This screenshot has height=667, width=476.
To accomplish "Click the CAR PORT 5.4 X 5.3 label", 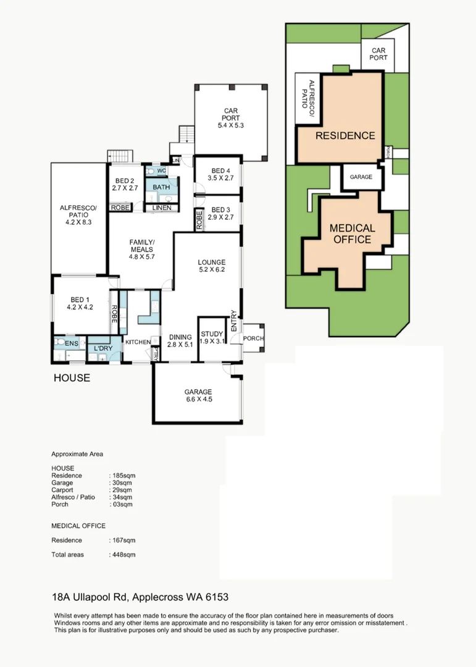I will point(231,119).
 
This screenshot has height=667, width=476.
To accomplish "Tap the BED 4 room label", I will point(220,175).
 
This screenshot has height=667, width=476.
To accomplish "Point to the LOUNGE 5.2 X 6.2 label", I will point(212,266).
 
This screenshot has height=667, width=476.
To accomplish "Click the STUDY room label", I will point(212,337).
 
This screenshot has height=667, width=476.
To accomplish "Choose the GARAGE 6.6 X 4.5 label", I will point(198,395).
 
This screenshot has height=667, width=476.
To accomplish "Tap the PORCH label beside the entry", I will point(254,338).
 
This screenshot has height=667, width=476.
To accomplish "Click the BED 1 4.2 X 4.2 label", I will point(80,303).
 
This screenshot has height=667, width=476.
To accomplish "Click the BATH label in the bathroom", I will point(161,187).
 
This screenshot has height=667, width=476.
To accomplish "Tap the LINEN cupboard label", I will point(162,208).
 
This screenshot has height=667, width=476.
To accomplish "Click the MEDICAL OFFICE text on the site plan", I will point(353,234).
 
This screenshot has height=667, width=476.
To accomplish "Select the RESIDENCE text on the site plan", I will point(345,135).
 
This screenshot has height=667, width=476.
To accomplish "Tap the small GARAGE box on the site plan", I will point(361,177).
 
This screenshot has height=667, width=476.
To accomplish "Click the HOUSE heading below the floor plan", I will point(71,377).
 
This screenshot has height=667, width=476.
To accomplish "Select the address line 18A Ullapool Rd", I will point(140,597).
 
